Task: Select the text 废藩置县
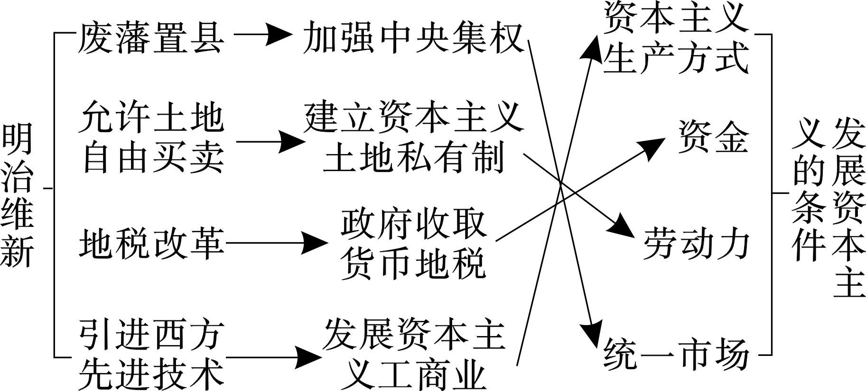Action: [x=150, y=37]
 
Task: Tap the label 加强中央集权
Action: [x=413, y=37]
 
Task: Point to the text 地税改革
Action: [x=151, y=243]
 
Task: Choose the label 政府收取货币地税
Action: [x=413, y=244]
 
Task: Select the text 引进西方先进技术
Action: [x=150, y=354]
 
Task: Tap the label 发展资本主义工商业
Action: [x=413, y=354]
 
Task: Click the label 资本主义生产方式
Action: [x=676, y=37]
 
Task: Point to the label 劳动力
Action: [x=696, y=244]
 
